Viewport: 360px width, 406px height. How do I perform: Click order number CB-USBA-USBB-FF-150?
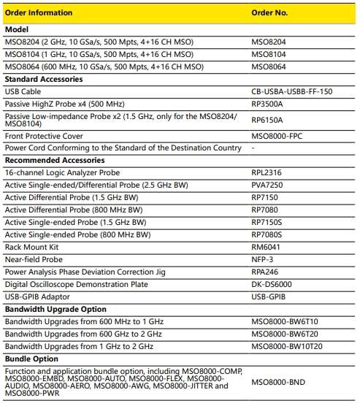pos(296,91)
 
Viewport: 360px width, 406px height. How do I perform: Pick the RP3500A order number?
pos(269,104)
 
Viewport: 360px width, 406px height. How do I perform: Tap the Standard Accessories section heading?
pos(44,79)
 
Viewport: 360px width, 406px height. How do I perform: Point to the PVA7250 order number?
pos(268,185)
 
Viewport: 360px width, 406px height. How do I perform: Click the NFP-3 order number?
pos(262,258)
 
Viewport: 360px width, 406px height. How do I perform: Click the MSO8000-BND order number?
pos(279,381)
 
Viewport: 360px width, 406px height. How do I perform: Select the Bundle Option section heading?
pos(33,359)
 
